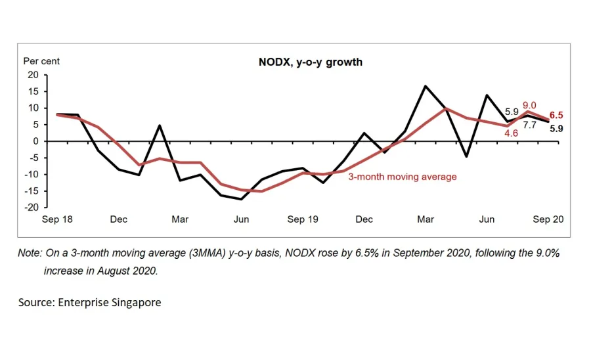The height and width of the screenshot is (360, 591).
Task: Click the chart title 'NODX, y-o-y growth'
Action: coord(310,62)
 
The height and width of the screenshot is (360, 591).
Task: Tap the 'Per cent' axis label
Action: coord(41,61)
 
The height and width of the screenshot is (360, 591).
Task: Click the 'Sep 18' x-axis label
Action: coord(57,219)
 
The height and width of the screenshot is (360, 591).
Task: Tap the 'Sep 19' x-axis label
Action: coord(303,219)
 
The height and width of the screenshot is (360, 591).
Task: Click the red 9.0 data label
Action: coord(529,105)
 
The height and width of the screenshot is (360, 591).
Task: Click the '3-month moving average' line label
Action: coord(402,177)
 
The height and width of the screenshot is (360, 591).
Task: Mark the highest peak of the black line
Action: coord(426,86)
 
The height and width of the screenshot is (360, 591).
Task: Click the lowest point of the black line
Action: coord(241,199)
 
